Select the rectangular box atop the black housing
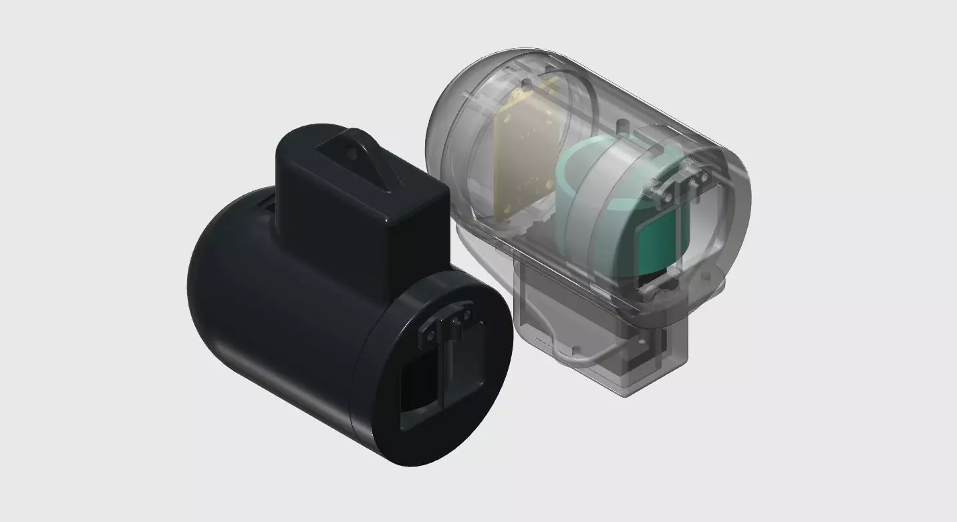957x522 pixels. (361, 214)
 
